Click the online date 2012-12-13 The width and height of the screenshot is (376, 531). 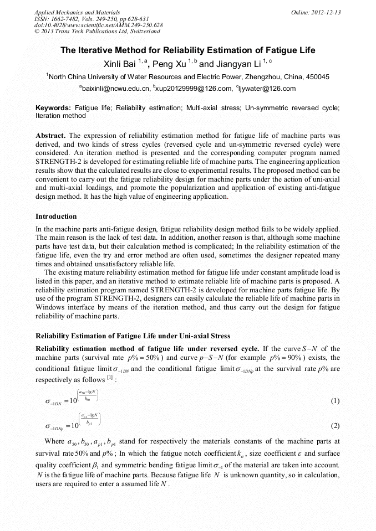click(324, 12)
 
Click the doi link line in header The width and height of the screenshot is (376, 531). click(98, 25)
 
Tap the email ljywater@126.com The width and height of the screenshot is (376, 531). click(267, 89)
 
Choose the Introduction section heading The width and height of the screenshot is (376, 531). click(56, 216)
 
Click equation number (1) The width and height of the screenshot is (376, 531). click(334, 400)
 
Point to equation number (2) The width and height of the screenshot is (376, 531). click(334, 426)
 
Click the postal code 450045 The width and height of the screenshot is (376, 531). click(317, 77)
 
